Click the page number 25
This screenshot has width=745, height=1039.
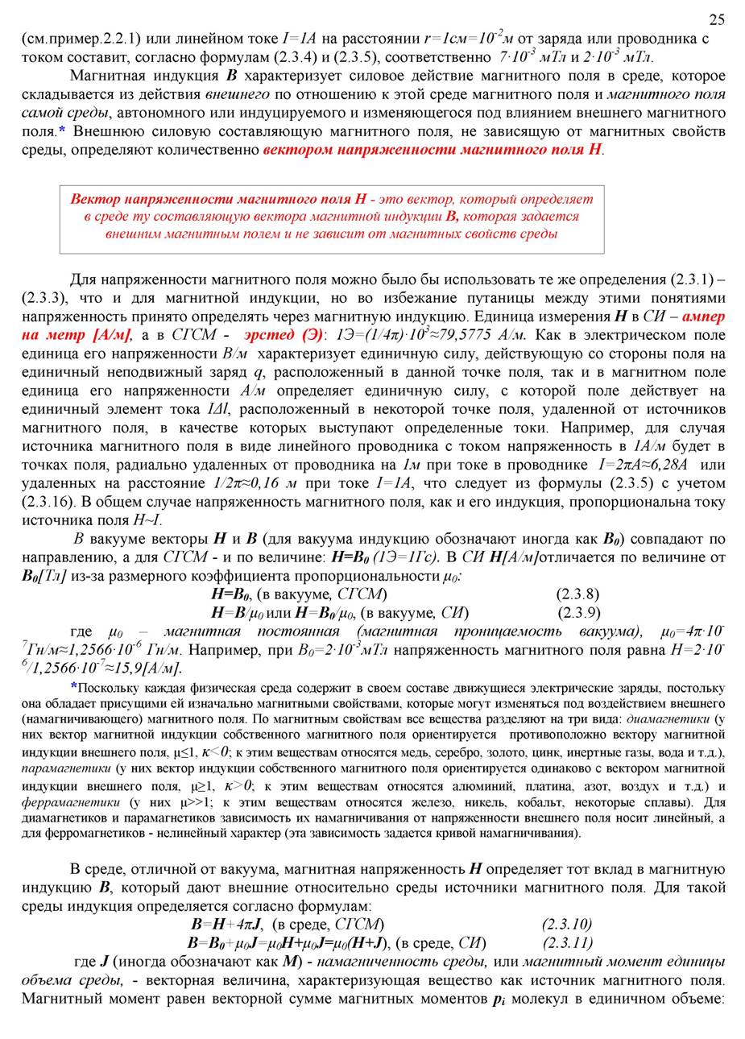point(716,19)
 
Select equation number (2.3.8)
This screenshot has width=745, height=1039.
point(577,594)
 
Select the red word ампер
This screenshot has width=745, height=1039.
point(703,317)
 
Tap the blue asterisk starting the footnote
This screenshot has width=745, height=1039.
point(73,688)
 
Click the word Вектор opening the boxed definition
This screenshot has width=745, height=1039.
point(97,199)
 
